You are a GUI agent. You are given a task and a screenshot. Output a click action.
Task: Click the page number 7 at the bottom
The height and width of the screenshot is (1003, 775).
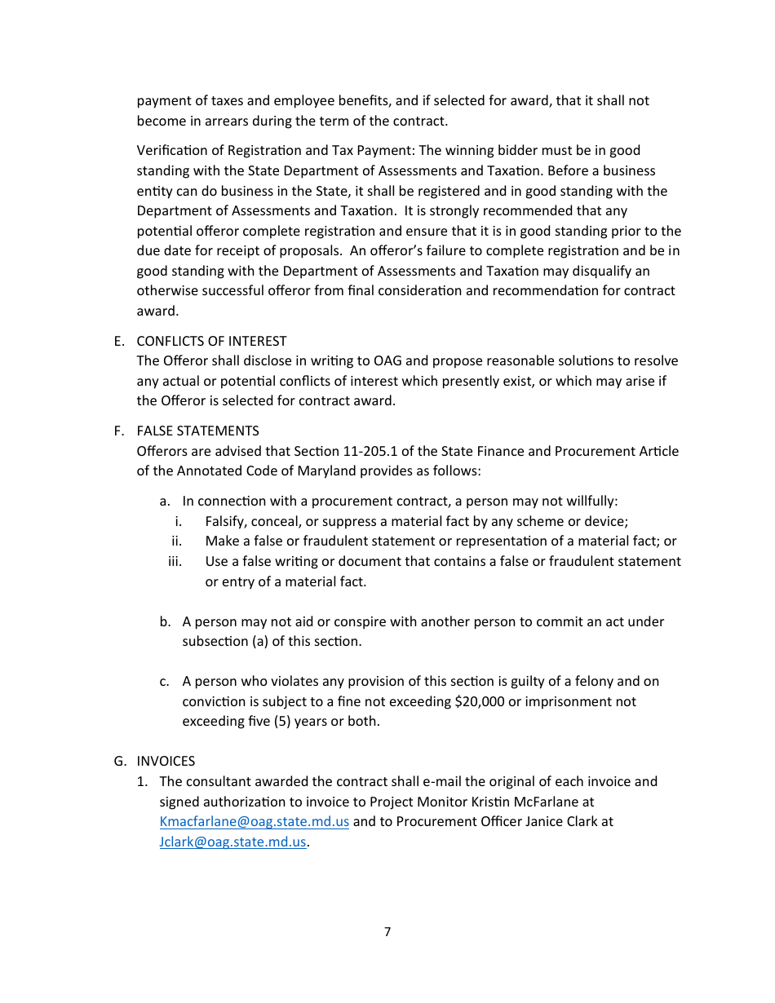tap(387, 932)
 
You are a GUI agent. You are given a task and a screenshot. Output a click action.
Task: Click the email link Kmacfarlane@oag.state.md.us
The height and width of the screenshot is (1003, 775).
tap(254, 822)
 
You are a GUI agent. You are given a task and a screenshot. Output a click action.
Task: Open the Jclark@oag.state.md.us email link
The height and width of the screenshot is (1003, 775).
tap(232, 842)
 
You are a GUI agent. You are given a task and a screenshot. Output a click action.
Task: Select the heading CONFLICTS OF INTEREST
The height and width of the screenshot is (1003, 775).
tap(211, 341)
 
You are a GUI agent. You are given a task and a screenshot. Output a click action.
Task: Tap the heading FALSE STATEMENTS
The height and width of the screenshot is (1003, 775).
tap(197, 431)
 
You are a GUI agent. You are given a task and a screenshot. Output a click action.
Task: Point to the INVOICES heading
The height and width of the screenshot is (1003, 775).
tap(166, 761)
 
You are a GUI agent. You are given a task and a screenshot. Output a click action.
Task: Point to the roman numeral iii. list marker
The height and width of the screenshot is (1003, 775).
tap(175, 561)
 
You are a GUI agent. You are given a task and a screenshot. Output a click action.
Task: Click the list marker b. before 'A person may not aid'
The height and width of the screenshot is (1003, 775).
tap(165, 621)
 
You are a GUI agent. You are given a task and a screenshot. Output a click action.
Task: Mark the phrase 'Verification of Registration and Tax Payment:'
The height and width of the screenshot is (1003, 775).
tap(276, 150)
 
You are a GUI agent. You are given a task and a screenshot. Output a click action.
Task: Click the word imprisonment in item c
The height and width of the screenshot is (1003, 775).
tap(562, 701)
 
